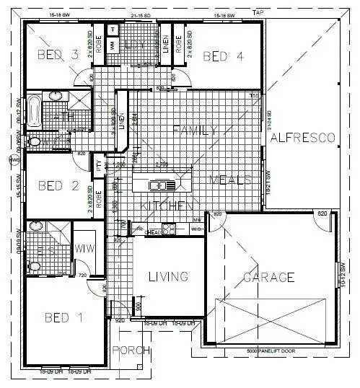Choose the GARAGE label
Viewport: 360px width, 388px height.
[268, 277]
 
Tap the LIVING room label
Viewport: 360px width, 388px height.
[167, 276]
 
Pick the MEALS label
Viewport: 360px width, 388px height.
[230, 179]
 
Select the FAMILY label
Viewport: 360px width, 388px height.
[194, 130]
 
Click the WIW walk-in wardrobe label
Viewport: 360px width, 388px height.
[85, 249]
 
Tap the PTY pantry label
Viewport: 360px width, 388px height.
[100, 165]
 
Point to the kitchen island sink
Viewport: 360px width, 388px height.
[158, 185]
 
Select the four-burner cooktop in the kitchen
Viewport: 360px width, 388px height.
[170, 230]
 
